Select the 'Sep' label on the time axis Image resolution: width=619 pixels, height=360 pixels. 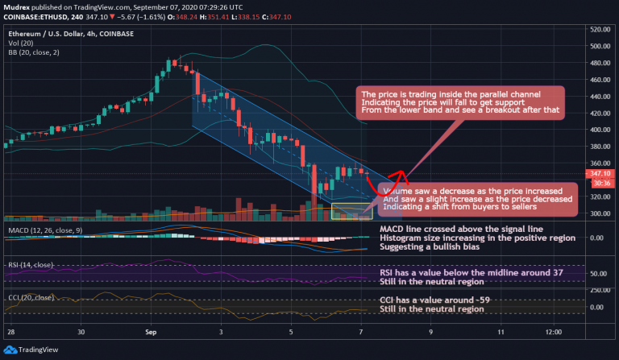click(x=151, y=331)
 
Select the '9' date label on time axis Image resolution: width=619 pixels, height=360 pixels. click(x=431, y=331)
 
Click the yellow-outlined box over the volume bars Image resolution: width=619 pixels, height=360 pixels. click(x=351, y=212)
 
